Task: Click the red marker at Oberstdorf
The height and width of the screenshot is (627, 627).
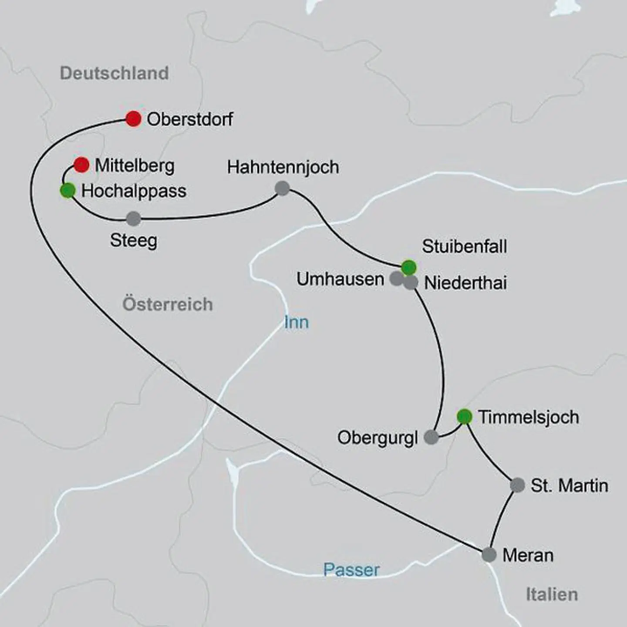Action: (x=133, y=119)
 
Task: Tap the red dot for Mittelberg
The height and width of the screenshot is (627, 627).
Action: (x=81, y=165)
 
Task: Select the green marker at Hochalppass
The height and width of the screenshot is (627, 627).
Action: (x=67, y=191)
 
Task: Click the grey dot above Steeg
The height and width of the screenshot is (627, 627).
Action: (x=133, y=219)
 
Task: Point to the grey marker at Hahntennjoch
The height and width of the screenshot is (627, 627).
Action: (x=283, y=189)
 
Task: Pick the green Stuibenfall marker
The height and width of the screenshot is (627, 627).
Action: (x=408, y=267)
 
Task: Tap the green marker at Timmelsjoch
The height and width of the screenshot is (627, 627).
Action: (x=465, y=417)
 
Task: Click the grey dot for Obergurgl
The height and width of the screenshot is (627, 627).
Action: (x=431, y=437)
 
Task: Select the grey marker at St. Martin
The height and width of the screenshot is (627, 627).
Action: (x=517, y=485)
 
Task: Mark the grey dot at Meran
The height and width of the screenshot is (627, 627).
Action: (x=489, y=555)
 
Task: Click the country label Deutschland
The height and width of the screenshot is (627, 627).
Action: (x=114, y=73)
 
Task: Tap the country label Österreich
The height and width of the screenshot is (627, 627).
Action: (x=168, y=304)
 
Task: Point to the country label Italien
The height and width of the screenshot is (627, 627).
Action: (x=552, y=594)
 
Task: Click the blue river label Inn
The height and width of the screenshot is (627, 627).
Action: (x=297, y=323)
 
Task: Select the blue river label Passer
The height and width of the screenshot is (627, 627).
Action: (x=351, y=570)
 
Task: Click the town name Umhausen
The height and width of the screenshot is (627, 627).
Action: (x=340, y=279)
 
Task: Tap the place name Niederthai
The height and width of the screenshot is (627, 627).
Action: (x=465, y=283)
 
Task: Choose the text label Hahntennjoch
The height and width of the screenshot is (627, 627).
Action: (x=283, y=167)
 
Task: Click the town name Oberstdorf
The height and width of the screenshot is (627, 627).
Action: (x=190, y=119)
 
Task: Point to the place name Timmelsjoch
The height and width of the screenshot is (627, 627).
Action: (x=529, y=417)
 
